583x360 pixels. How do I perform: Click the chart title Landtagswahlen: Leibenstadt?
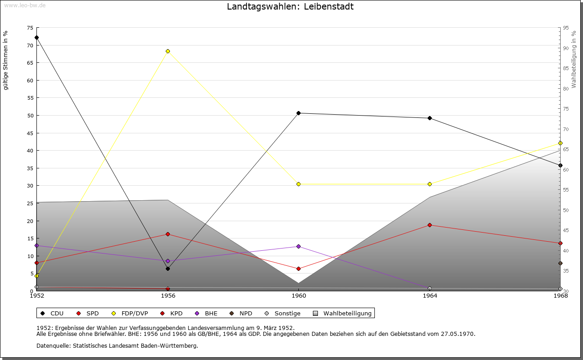pos(290,7)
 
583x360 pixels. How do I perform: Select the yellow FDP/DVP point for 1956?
pos(168,51)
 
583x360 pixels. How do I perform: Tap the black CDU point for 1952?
pos(36,37)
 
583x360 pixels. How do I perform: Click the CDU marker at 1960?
pos(299,113)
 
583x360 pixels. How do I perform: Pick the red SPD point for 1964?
pos(430,225)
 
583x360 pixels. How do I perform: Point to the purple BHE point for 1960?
pos(299,246)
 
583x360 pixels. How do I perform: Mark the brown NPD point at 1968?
pos(560,263)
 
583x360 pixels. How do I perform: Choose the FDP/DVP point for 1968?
pos(560,143)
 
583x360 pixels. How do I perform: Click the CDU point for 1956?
pos(168,269)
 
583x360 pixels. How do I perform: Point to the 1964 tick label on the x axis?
pos(430,296)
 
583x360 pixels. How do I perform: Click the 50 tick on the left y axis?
pos(30,116)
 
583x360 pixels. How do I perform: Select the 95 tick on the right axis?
pos(566,28)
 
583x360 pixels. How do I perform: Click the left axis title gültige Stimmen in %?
pos(6,60)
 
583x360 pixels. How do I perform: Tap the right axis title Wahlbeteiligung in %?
pos(574,59)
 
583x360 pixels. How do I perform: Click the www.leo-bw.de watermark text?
pos(25,5)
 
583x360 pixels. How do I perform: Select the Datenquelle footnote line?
pos(117,345)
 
